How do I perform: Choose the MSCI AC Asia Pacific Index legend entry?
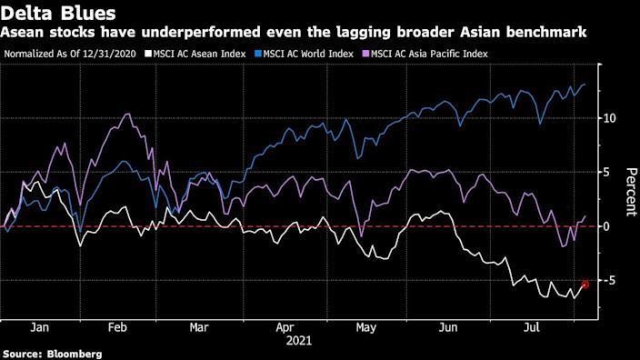click(428, 54)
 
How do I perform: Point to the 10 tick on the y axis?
click(610, 118)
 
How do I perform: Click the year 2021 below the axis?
click(300, 343)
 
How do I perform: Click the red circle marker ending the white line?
click(585, 285)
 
